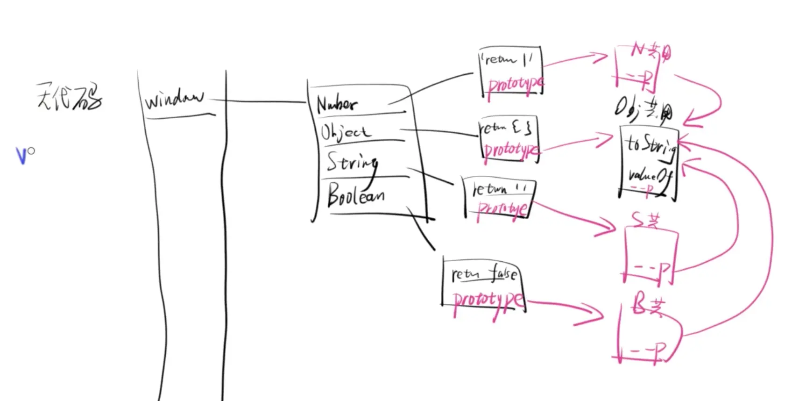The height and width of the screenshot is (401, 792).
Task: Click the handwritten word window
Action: point(174,99)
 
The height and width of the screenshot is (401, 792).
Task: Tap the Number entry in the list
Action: point(337,104)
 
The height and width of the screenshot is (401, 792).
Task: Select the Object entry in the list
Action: point(346,132)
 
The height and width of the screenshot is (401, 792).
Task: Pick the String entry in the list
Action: point(352,163)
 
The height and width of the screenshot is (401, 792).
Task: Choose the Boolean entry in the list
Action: point(356,195)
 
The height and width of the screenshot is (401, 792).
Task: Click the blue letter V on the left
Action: point(21,156)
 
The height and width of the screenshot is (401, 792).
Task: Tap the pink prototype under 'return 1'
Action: point(515,86)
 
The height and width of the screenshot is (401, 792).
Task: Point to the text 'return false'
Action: point(484,274)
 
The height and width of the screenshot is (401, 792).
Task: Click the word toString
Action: point(651,145)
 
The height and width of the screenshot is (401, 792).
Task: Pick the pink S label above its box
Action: point(645,219)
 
